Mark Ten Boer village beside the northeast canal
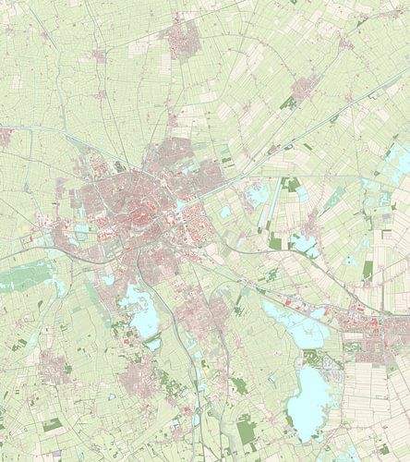(305, 89)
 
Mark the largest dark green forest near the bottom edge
(246, 430)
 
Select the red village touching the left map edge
(5, 137)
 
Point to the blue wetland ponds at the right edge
(392, 176)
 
